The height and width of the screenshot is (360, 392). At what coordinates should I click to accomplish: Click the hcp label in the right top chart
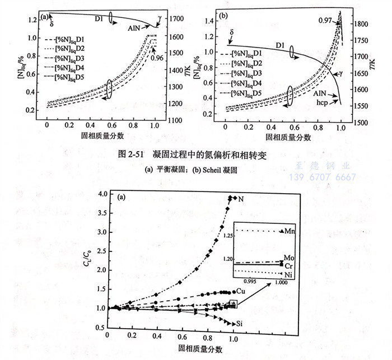pos(320,103)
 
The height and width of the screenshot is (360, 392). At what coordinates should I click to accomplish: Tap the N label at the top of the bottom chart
pos(241,199)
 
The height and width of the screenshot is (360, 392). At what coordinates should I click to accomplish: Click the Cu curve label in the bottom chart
pos(241,292)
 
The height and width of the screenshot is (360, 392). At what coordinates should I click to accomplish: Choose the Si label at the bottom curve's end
pos(240,324)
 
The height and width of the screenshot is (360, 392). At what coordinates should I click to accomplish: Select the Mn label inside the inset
pos(290,230)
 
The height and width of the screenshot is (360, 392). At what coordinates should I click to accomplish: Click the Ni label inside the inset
pos(290,274)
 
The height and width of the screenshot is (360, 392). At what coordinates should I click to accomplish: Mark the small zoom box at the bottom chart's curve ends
pos(233,304)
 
